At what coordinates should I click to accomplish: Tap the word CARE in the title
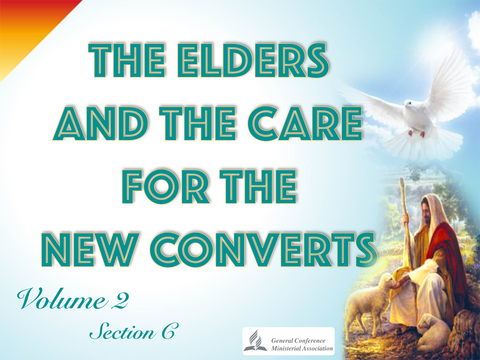306,123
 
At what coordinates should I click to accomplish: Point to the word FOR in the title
166,187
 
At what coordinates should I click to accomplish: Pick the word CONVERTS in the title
262,250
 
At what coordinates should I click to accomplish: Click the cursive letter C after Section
168,331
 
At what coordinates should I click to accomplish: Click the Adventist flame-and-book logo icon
255,341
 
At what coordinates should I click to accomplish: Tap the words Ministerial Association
302,348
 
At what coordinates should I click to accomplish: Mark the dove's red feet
416,134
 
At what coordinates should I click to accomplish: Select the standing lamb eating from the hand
367,303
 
